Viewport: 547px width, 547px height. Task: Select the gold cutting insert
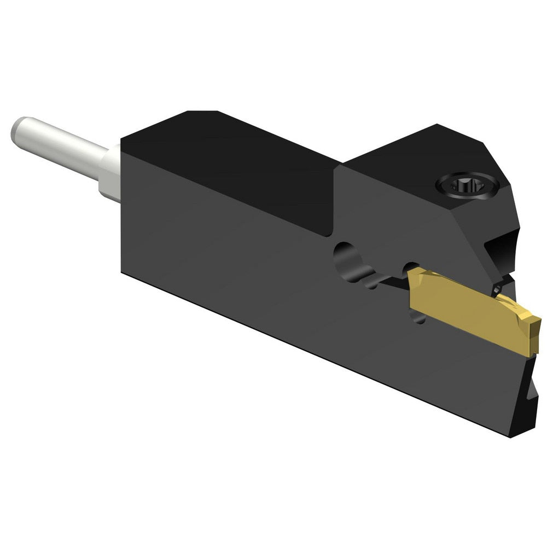pyautogui.click(x=470, y=309)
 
